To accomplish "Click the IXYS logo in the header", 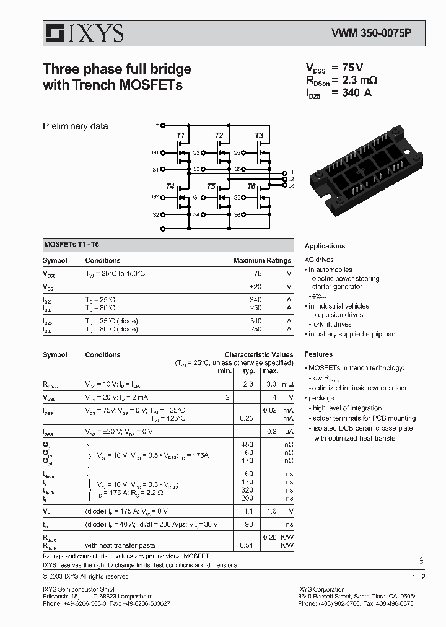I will (x=83, y=33).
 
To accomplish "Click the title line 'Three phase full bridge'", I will (x=116, y=69).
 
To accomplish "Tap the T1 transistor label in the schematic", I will (x=180, y=135).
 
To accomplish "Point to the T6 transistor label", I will (x=251, y=186).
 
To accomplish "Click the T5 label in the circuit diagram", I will (x=211, y=186).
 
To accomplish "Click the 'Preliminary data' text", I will (x=75, y=126).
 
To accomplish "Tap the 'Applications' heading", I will (x=325, y=246).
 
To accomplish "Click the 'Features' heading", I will (x=318, y=354).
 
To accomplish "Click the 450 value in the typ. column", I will (x=248, y=444).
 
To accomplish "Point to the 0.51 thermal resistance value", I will (x=248, y=545).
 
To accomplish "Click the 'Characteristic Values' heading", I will (x=258, y=355).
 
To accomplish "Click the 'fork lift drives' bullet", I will (x=331, y=324).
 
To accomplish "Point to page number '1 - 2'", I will (x=418, y=577).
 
